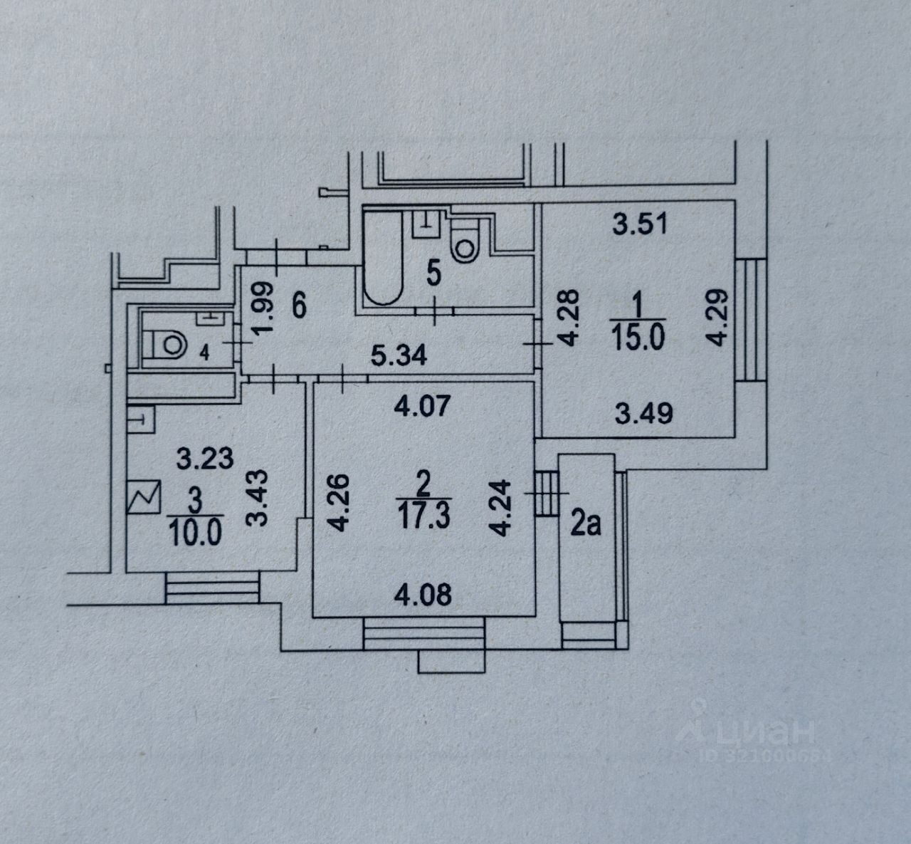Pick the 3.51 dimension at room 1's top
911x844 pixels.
639,225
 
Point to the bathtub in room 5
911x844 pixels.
384,264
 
